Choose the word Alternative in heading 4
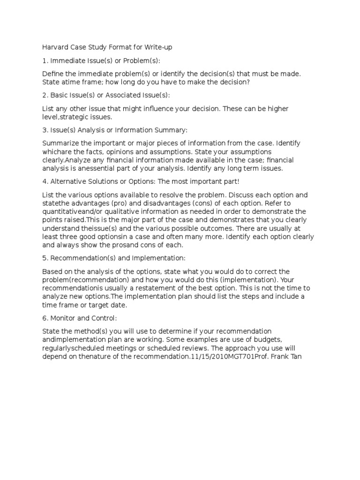(x=68, y=181)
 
